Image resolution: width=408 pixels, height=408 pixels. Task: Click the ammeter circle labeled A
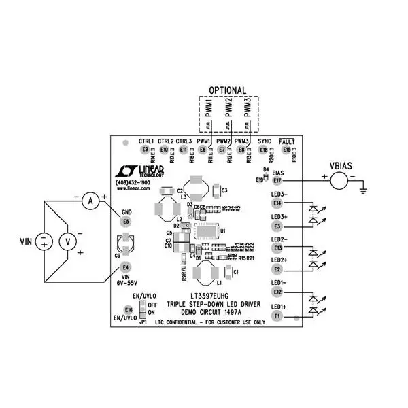pyautogui.click(x=88, y=201)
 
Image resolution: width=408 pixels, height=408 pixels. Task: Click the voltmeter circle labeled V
pyautogui.click(x=67, y=241)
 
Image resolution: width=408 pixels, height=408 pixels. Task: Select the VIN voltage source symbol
pyautogui.click(x=44, y=241)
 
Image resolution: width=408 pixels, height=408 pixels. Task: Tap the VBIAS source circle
pyautogui.click(x=339, y=180)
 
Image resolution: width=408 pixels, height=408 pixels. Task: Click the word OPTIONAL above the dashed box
pyautogui.click(x=227, y=90)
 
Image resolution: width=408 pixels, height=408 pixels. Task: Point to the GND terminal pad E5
pyautogui.click(x=125, y=222)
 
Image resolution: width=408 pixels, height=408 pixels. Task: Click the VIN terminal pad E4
pyautogui.click(x=125, y=267)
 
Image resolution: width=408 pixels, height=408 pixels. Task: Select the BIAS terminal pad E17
pyautogui.click(x=277, y=180)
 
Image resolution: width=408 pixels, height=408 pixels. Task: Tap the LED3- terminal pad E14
pyautogui.click(x=276, y=203)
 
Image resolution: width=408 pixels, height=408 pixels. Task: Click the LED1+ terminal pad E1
pyautogui.click(x=276, y=316)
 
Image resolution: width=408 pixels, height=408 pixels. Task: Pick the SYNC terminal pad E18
pyautogui.click(x=264, y=150)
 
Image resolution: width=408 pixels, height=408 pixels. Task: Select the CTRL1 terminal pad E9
pyautogui.click(x=144, y=150)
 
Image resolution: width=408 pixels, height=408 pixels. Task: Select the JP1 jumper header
pyautogui.click(x=143, y=309)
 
